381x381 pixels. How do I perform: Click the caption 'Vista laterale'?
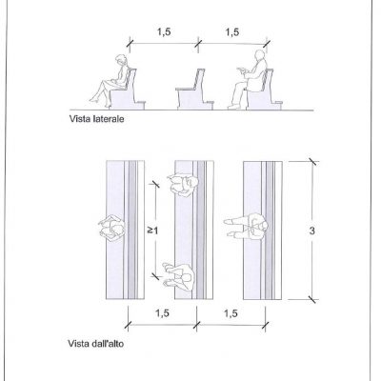[96, 119]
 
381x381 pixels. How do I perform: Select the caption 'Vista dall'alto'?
[96, 344]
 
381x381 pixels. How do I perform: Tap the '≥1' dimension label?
[152, 231]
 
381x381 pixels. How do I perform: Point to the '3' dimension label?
[312, 231]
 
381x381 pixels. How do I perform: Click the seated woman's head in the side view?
[121, 60]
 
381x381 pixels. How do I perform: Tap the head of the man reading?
[260, 55]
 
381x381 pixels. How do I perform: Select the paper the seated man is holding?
[242, 71]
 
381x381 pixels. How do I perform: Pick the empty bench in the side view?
[194, 90]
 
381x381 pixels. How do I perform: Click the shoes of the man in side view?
[234, 107]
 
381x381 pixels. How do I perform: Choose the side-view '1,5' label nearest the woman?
[164, 32]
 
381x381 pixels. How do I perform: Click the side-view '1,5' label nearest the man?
[232, 32]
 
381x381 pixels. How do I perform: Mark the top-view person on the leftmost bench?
[111, 228]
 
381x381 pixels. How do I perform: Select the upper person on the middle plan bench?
[183, 185]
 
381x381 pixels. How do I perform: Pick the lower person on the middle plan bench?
[178, 276]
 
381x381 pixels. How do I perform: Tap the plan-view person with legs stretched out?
[246, 226]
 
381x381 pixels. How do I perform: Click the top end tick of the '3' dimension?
[312, 162]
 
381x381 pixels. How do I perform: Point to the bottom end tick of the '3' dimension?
[312, 299]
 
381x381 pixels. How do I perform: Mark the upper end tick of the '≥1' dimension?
[155, 184]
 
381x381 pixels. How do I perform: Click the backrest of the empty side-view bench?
[200, 79]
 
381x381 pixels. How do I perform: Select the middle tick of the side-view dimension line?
[198, 43]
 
